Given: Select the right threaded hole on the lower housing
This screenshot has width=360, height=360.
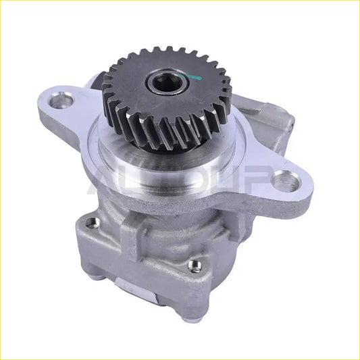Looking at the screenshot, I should [x=195, y=265].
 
